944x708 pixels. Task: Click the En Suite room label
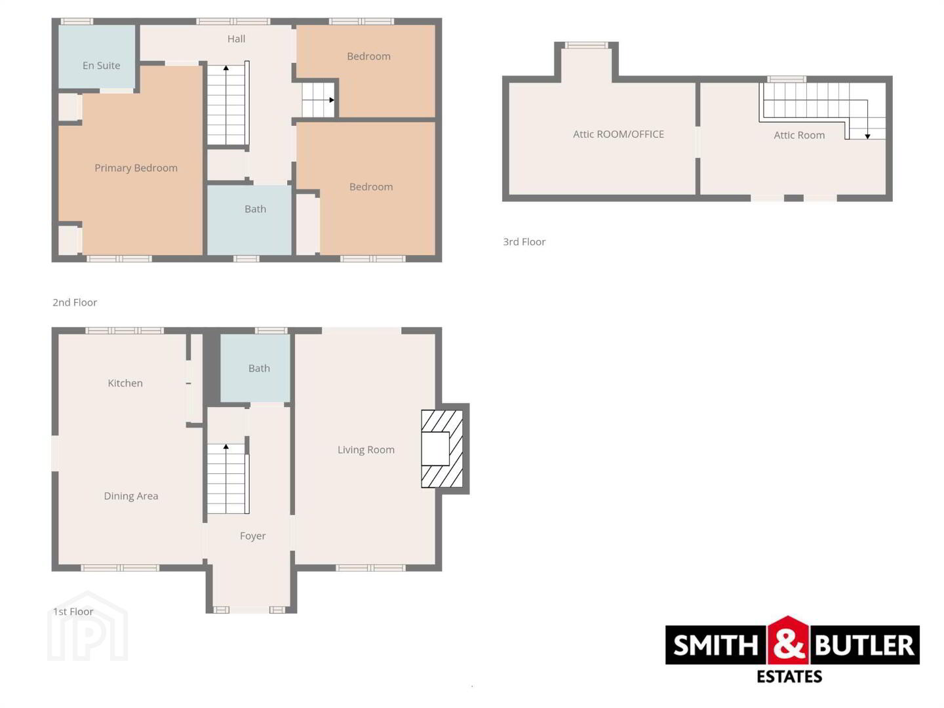pyautogui.click(x=101, y=66)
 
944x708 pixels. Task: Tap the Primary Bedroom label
pyautogui.click(x=136, y=168)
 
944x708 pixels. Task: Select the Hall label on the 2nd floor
pyautogui.click(x=236, y=39)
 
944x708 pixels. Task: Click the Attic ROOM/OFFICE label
pyautogui.click(x=618, y=134)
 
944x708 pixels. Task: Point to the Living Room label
pyautogui.click(x=366, y=450)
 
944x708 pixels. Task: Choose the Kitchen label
pyautogui.click(x=125, y=383)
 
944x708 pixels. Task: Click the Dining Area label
pyautogui.click(x=131, y=496)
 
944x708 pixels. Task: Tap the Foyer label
pyautogui.click(x=253, y=536)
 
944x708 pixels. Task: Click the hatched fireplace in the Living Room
pyautogui.click(x=442, y=449)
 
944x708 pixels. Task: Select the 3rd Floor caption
pyautogui.click(x=524, y=242)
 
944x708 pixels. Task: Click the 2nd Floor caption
pyautogui.click(x=75, y=302)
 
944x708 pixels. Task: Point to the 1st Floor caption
pyautogui.click(x=73, y=611)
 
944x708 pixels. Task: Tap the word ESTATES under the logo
pyautogui.click(x=789, y=677)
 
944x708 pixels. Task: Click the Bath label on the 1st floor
pyautogui.click(x=260, y=368)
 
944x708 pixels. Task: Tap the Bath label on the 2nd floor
pyautogui.click(x=256, y=209)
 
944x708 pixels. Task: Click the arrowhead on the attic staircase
pyautogui.click(x=867, y=136)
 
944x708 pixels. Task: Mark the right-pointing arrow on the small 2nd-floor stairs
pyautogui.click(x=318, y=100)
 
